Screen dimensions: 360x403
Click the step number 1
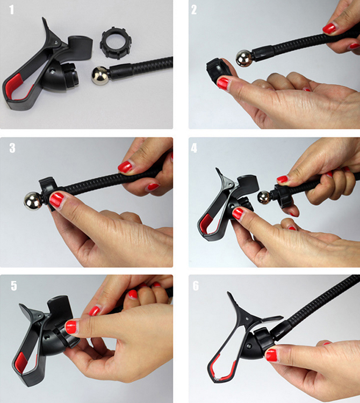11,10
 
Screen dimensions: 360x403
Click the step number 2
194,10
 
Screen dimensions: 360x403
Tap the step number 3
12,148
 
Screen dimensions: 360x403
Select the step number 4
194,148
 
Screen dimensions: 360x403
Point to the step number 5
14,285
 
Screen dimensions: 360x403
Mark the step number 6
196,285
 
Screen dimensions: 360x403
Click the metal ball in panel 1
100,76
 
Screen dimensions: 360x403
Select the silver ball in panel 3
33,200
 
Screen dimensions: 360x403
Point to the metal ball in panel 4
264,197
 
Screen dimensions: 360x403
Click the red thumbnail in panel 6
271,355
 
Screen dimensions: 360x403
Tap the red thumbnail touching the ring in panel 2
222,83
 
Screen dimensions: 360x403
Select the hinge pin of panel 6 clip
247,319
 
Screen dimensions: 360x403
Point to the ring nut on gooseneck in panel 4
282,196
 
